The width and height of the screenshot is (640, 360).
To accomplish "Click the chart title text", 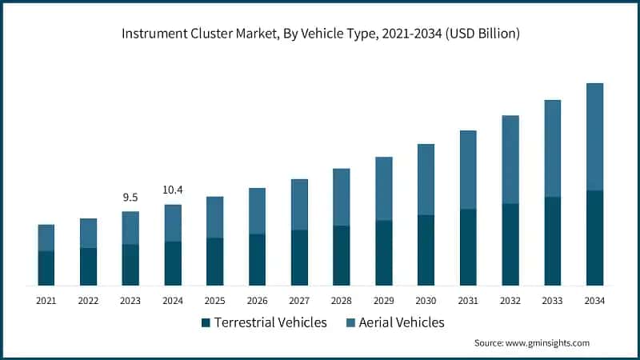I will click(x=320, y=34).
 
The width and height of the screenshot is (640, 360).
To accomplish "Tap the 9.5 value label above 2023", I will click(x=130, y=197).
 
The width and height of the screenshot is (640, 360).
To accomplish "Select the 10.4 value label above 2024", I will click(x=173, y=190).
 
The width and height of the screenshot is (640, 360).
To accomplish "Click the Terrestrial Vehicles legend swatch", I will click(x=206, y=322).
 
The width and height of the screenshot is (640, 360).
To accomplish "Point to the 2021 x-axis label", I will click(x=46, y=301).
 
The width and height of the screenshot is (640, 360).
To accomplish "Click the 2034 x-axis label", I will click(x=594, y=301).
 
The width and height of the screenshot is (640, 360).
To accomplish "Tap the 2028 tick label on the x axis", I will click(x=342, y=301).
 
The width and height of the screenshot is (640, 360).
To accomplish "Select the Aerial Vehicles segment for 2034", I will click(x=594, y=136).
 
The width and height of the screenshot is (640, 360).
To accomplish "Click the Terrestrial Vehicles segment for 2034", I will click(x=594, y=238).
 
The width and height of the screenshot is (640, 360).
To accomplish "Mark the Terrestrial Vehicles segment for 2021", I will click(x=46, y=268).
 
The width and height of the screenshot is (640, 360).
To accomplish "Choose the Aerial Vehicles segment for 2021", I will click(x=46, y=238).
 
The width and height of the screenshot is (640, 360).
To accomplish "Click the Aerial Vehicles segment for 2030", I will click(x=426, y=179).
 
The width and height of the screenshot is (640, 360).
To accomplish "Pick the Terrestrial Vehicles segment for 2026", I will click(x=257, y=259).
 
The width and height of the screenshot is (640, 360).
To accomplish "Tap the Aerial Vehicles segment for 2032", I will click(x=510, y=159).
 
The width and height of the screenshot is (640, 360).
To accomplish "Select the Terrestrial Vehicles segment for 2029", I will click(x=384, y=253).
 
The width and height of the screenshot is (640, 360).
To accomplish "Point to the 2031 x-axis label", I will click(x=468, y=301).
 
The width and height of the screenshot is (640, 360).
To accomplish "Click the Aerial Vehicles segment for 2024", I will click(x=173, y=222).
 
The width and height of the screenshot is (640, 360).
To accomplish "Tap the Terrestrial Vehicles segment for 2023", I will click(x=130, y=265).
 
